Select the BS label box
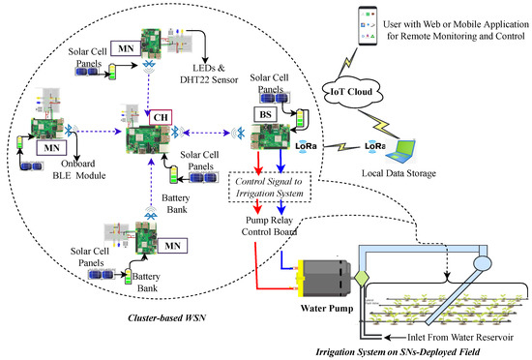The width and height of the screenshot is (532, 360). click(260, 113)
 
